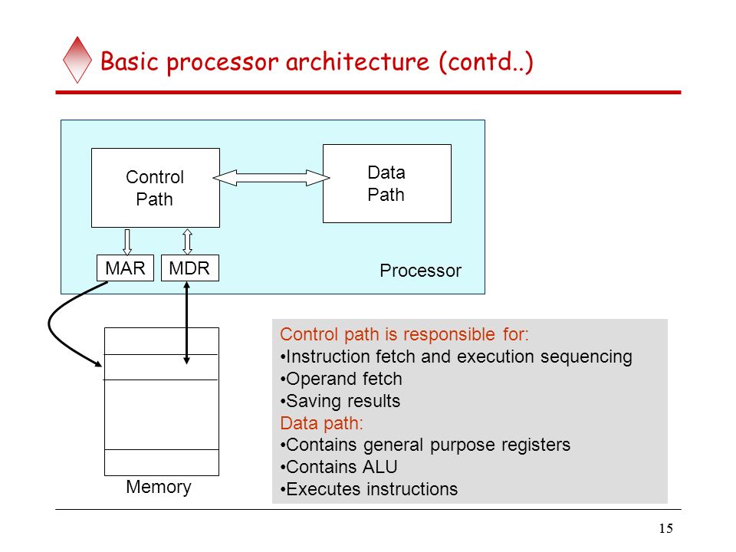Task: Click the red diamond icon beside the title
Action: click(x=77, y=60)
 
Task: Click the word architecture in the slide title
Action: click(x=357, y=61)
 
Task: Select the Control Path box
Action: click(x=156, y=188)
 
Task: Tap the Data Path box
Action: click(x=386, y=183)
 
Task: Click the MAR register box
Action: click(x=125, y=268)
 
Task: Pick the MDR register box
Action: click(x=189, y=268)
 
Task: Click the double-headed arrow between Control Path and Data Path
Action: click(x=271, y=178)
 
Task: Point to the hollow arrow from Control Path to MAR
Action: click(x=127, y=242)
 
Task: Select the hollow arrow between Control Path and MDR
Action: click(x=187, y=242)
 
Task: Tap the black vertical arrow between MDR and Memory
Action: click(x=187, y=323)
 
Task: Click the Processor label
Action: click(x=421, y=271)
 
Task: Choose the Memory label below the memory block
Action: click(x=159, y=487)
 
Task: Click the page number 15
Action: click(x=665, y=528)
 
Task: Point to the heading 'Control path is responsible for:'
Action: click(x=404, y=334)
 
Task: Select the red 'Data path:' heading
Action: click(x=321, y=423)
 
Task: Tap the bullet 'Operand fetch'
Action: click(x=341, y=379)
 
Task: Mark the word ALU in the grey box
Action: click(x=379, y=467)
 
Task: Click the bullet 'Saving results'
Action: click(x=340, y=401)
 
